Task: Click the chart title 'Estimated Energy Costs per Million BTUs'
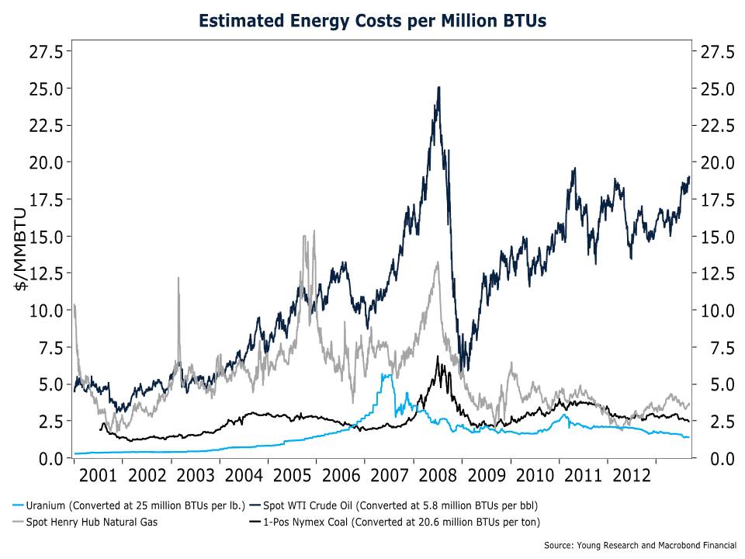coord(372,21)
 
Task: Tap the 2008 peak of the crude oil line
coord(439,88)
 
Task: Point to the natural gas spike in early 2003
coord(179,278)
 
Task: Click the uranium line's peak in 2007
coord(384,375)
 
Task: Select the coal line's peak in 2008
coord(438,358)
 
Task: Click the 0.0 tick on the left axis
coord(51,458)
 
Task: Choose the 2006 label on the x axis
coord(341,476)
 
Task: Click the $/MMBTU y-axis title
coord(22,248)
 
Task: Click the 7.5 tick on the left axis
coord(51,347)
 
